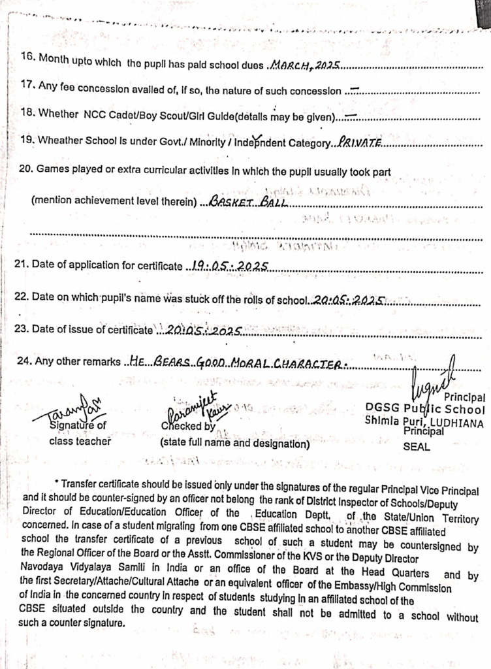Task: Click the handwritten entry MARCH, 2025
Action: (305, 65)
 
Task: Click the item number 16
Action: (27, 57)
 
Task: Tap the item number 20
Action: (26, 169)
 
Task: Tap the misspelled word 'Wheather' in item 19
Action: (59, 140)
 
